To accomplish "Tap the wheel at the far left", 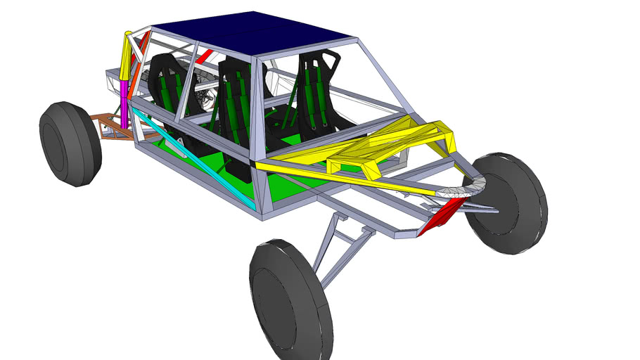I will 69,143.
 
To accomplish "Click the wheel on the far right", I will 507,203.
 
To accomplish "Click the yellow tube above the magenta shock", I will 127,56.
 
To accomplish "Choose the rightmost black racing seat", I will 318,95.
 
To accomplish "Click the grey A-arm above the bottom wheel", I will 338,243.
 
